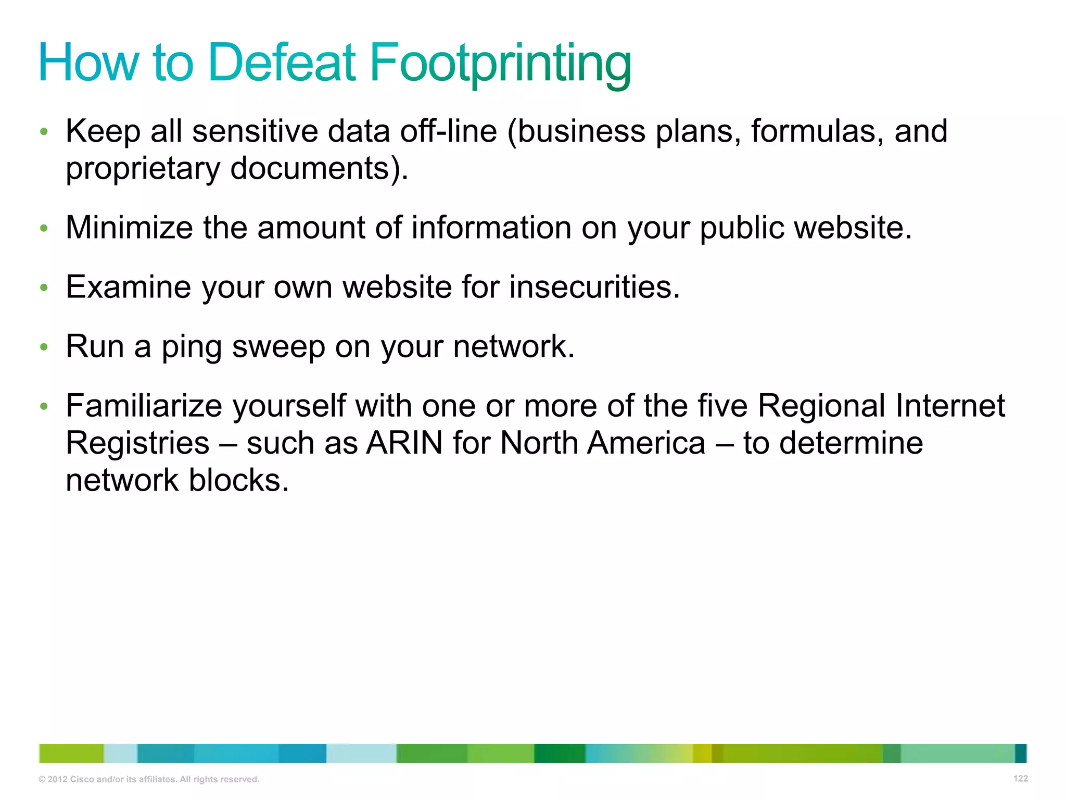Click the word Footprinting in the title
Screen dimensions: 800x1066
click(500, 64)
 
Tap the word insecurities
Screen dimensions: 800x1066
click(594, 287)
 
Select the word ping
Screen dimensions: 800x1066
click(192, 347)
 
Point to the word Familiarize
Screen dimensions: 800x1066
click(144, 406)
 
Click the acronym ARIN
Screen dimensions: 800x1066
click(404, 443)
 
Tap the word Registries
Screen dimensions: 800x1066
click(138, 443)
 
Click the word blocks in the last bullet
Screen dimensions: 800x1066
click(238, 480)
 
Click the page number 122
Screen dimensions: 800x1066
click(1020, 779)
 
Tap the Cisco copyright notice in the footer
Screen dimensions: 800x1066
click(149, 780)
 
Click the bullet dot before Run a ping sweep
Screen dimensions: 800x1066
click(44, 347)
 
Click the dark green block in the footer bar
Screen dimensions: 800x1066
click(560, 754)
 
